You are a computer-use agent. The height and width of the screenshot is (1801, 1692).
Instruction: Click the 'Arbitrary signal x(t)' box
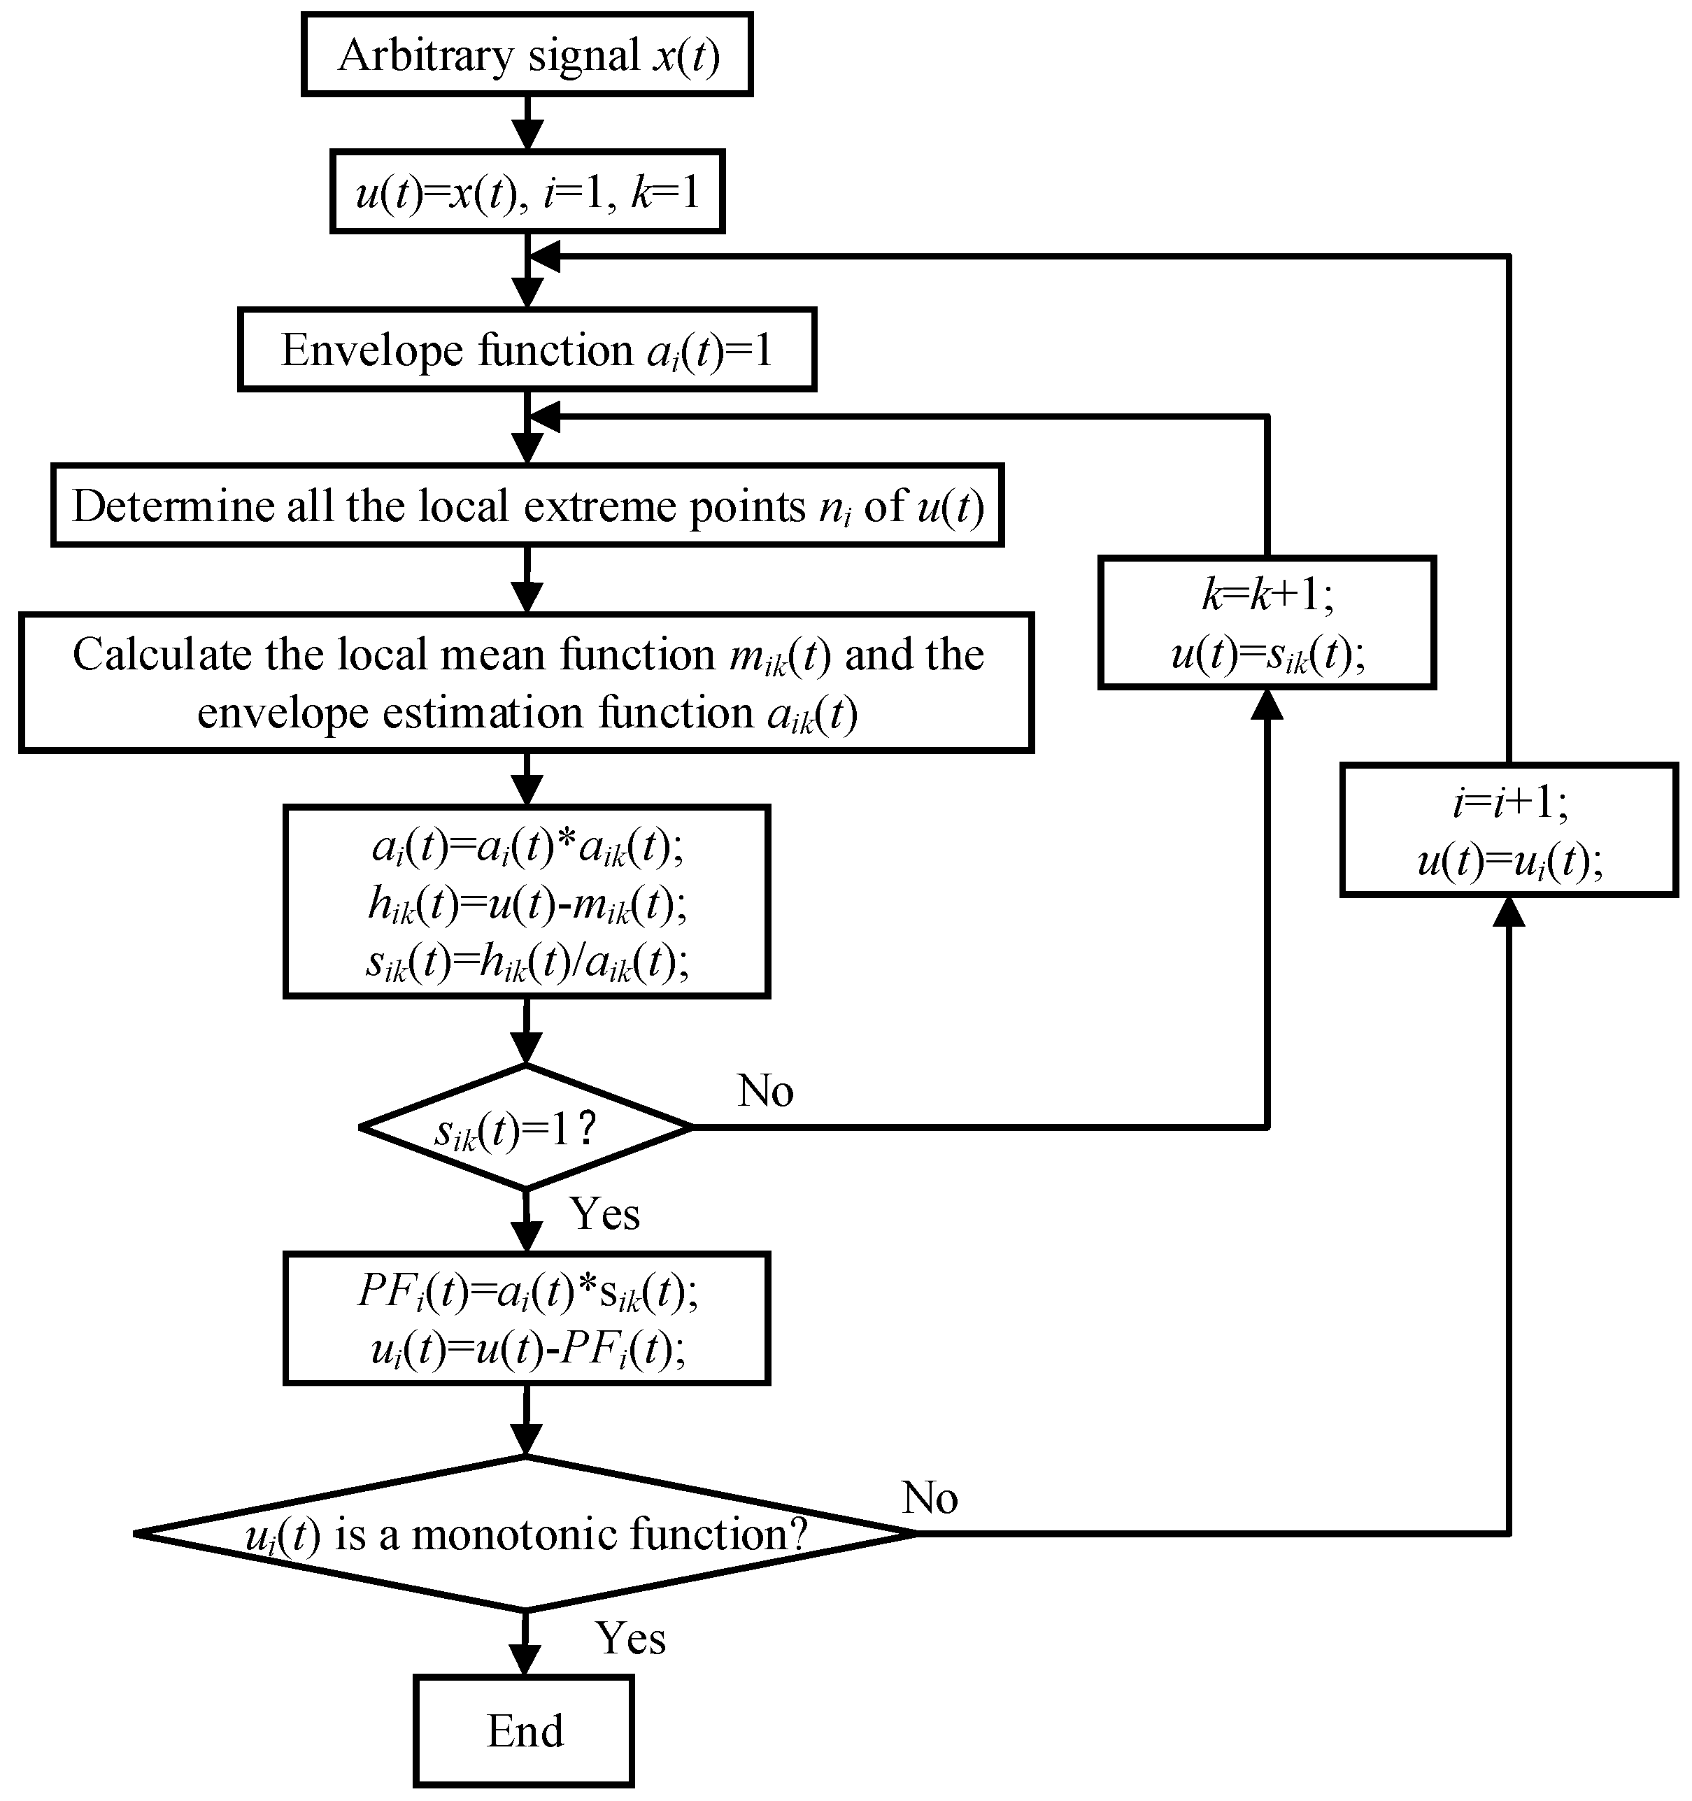pos(527,55)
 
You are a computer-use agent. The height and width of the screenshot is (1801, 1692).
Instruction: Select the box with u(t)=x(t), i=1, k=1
pos(527,192)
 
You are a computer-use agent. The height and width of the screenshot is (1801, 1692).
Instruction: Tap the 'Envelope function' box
pos(527,350)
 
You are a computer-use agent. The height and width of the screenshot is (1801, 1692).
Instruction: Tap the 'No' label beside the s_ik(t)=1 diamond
pos(765,1091)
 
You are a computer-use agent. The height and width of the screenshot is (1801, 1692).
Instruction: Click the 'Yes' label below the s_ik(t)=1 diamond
pos(604,1214)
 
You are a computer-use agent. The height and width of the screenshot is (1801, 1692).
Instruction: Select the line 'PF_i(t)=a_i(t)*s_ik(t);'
pos(527,1291)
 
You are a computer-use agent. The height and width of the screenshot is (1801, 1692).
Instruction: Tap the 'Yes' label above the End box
pos(630,1638)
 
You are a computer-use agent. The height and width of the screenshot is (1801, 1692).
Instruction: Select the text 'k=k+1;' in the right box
pos(1266,595)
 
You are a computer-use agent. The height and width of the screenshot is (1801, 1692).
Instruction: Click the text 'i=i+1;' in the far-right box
pos(1508,801)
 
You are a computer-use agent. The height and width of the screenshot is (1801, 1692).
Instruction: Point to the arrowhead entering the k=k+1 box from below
pos(1266,706)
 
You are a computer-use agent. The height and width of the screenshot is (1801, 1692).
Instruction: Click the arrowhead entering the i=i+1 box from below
pos(1508,912)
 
